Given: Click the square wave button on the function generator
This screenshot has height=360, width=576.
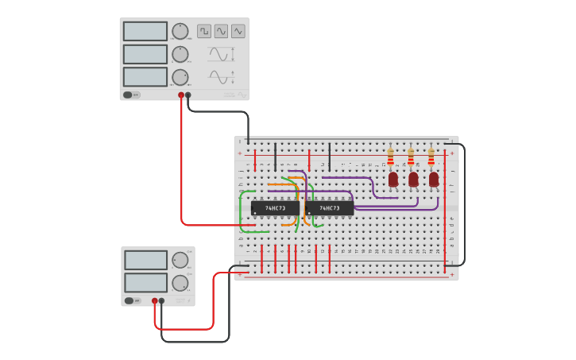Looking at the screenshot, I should click(x=204, y=31).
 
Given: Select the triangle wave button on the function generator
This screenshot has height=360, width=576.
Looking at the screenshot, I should click(x=238, y=31).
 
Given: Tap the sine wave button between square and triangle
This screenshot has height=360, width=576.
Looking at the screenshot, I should click(x=221, y=31).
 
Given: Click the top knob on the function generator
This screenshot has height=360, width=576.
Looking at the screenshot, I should click(x=180, y=31).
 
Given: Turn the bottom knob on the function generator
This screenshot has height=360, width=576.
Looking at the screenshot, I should click(x=180, y=77).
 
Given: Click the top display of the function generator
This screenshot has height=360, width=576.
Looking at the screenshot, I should click(x=145, y=31).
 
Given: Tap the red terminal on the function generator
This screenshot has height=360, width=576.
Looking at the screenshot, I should click(x=181, y=95).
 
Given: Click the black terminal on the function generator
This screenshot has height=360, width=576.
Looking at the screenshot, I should click(x=188, y=95).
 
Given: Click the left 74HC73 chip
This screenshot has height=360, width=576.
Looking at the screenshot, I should click(x=275, y=208).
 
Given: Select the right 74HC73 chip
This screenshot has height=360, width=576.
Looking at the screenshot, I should click(x=329, y=208).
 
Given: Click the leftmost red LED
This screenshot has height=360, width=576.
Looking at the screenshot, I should click(x=393, y=180).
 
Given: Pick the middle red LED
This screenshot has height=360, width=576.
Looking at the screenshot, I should click(x=413, y=180).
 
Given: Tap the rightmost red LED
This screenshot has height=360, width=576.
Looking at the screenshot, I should click(x=434, y=180).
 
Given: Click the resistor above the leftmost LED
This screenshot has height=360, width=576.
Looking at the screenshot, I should click(x=390, y=156).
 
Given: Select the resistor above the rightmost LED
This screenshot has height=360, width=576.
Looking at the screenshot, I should click(x=431, y=156).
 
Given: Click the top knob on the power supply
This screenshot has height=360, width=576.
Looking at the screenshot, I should click(x=180, y=260).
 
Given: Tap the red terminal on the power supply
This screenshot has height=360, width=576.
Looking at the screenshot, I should click(x=155, y=301).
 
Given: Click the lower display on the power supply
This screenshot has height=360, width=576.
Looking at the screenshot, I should click(x=145, y=282).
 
